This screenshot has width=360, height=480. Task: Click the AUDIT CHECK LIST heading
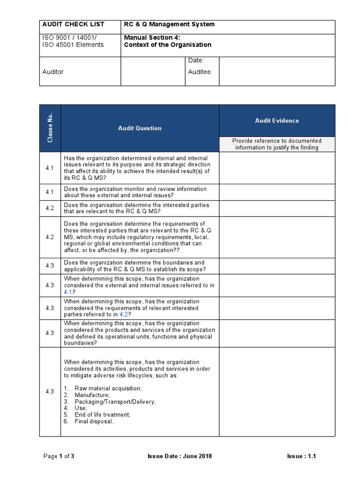74,24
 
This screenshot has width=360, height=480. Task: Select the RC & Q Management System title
170,24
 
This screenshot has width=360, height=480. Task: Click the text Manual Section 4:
152,38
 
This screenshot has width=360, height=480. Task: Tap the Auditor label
53,72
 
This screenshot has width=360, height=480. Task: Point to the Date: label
195,61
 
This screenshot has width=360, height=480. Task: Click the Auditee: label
200,72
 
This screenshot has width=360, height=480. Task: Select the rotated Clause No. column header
50,128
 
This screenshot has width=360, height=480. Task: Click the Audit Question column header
140,128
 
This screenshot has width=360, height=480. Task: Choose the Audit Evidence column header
277,121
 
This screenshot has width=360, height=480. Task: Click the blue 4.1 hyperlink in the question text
68,292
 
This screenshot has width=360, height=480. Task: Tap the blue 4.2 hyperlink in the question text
124,315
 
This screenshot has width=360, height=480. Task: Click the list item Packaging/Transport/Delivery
115,402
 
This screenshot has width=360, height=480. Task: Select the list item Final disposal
94,421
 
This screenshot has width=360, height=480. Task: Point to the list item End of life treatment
102,415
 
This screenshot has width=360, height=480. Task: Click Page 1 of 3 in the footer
59,457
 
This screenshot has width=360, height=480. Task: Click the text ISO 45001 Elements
73,45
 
